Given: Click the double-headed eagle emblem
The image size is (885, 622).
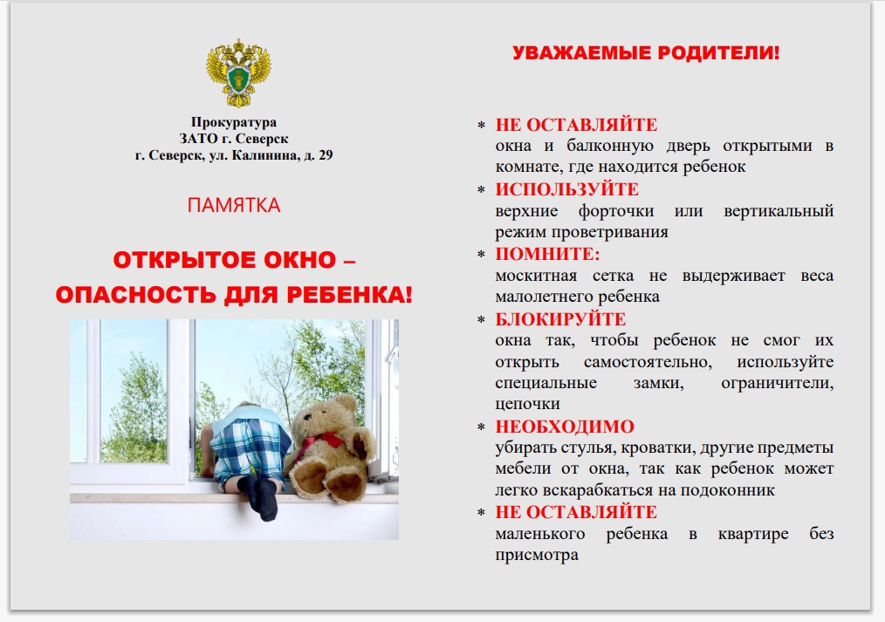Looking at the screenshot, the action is coord(238,72).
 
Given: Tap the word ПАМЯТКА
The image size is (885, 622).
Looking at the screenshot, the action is coord(234,205).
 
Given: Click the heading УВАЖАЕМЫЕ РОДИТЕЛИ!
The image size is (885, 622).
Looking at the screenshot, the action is coord(646,53).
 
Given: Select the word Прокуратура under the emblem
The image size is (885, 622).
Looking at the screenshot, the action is coord(234,122).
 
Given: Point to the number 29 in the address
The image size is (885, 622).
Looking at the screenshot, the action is coord(326,155).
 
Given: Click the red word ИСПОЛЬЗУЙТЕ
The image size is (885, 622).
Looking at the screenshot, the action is coord(567,189).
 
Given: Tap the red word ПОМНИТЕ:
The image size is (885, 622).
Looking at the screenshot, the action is coord(547,255).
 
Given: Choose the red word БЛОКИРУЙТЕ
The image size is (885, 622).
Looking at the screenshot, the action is coord(560,319).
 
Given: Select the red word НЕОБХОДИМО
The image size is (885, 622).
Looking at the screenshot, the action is coord(565,427).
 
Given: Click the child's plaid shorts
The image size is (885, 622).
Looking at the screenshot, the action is coord(249,449).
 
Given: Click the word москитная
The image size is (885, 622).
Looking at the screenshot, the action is coord(536,276).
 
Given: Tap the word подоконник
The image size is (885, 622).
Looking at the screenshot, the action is coord(728,490).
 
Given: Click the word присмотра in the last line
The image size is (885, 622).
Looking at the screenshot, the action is coord(537,556).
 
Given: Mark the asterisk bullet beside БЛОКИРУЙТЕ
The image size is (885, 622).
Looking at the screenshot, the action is coord(481,320).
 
